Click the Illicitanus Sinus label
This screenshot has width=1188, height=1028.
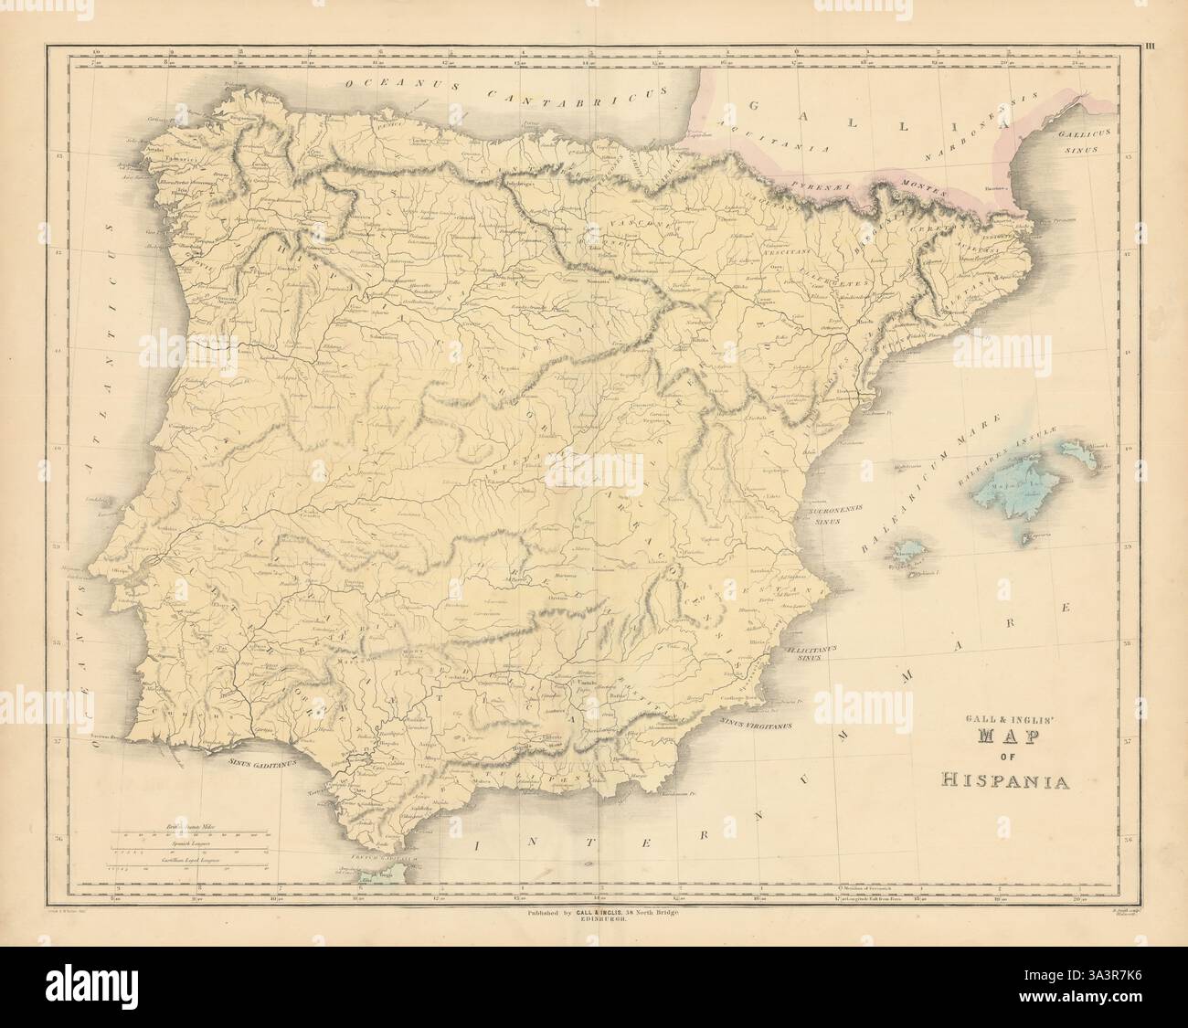pos(806,652)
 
